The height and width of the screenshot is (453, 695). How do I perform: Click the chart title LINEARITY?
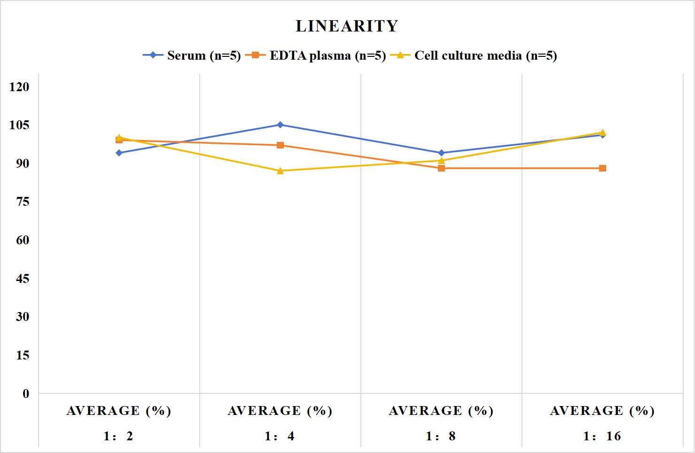pyautogui.click(x=347, y=26)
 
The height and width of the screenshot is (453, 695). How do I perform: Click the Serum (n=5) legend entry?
pyautogui.click(x=192, y=55)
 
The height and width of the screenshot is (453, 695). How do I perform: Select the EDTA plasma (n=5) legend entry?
pyautogui.click(x=315, y=55)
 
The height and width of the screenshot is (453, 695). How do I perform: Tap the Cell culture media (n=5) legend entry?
pyautogui.click(x=474, y=55)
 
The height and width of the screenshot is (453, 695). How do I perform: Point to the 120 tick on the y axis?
pyautogui.click(x=19, y=86)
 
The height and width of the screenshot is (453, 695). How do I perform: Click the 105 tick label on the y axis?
pyautogui.click(x=19, y=125)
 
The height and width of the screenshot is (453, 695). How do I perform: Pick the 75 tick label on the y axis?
pyautogui.click(x=23, y=202)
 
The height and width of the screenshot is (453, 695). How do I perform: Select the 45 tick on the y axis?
pyautogui.click(x=23, y=279)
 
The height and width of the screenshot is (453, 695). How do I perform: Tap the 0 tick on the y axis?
pyautogui.click(x=26, y=394)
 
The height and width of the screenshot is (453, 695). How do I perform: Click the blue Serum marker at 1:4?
pyautogui.click(x=280, y=125)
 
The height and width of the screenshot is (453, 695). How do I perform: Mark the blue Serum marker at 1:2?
pyautogui.click(x=119, y=153)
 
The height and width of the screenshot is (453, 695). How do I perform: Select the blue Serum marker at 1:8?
pyautogui.click(x=442, y=153)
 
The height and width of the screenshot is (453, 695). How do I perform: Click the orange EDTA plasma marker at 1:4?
pyautogui.click(x=280, y=145)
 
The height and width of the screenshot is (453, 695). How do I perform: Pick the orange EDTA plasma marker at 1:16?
pyautogui.click(x=602, y=168)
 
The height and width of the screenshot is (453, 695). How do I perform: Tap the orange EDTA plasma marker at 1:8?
pyautogui.click(x=442, y=168)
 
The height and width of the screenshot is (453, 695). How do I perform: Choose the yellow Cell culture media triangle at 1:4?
pyautogui.click(x=280, y=171)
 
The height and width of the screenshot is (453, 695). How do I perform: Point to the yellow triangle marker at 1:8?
pyautogui.click(x=442, y=160)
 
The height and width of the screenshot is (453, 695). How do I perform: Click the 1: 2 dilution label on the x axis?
pyautogui.click(x=119, y=436)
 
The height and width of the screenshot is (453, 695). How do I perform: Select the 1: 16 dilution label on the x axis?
pyautogui.click(x=602, y=436)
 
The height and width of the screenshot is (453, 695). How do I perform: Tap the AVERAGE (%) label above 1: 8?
pyautogui.click(x=442, y=411)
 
